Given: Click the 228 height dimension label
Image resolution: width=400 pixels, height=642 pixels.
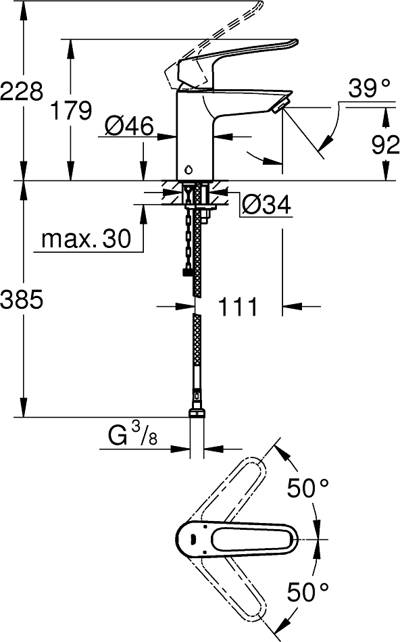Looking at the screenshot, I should pos(22,91).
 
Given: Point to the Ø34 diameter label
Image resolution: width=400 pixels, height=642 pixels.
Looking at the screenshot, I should pos(266,205).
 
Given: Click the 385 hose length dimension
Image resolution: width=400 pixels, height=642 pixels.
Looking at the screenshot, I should pos(22,299).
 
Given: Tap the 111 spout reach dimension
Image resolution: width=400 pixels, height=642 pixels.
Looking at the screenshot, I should pos(238,307).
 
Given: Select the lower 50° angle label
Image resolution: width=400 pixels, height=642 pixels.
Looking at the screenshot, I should pos(307,593).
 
